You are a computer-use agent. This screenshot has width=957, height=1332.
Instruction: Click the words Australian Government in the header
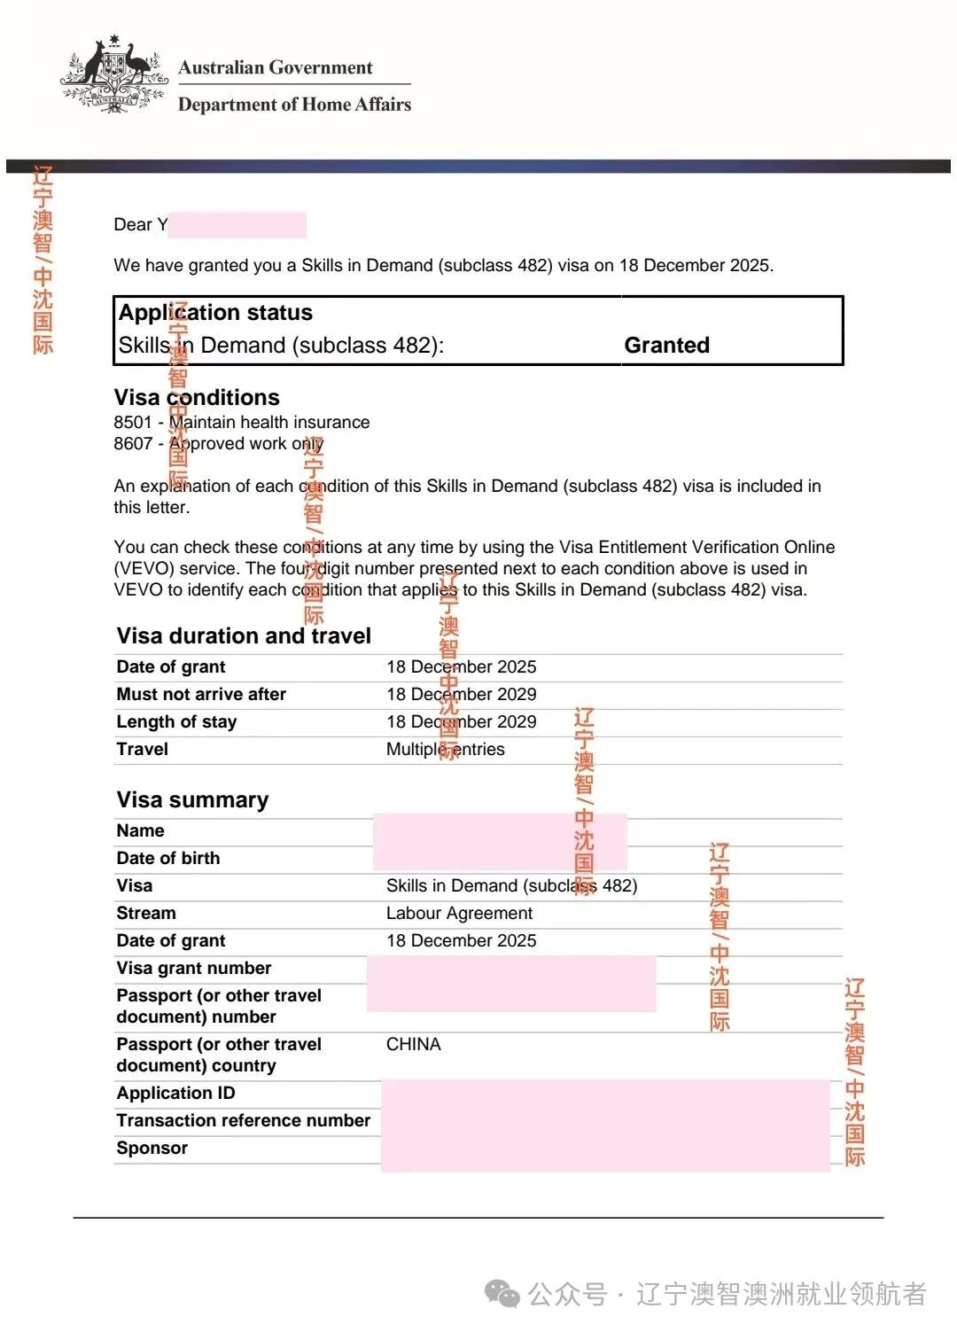tap(275, 68)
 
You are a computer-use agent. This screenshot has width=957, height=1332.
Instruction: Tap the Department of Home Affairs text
tap(294, 105)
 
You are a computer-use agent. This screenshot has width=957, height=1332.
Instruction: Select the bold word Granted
tap(666, 345)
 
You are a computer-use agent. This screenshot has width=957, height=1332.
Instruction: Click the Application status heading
tap(215, 313)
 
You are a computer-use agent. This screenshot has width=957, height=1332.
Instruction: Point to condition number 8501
tap(133, 423)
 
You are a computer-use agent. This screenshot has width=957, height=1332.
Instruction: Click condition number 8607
tap(133, 444)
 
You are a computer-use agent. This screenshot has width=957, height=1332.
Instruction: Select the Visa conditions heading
tap(197, 397)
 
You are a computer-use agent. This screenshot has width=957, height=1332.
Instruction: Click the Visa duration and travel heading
tap(244, 635)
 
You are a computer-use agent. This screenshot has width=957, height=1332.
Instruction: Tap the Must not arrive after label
tap(201, 694)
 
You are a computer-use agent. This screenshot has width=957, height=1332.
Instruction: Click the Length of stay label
tap(176, 721)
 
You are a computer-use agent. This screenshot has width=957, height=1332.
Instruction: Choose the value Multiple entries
tap(445, 749)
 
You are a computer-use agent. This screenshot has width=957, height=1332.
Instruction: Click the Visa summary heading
tap(192, 799)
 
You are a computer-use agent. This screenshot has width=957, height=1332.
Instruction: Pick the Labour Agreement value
tap(459, 913)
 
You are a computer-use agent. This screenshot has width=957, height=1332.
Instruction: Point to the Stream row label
tap(146, 913)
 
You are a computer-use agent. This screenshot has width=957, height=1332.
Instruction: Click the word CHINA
tap(413, 1044)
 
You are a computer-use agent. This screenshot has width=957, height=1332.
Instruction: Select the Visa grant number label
tap(194, 968)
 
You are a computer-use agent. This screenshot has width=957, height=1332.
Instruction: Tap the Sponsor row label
tap(152, 1148)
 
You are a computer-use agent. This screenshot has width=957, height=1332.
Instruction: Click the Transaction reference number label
tap(244, 1120)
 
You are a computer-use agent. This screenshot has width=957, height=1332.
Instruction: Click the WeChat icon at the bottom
tap(502, 1294)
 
